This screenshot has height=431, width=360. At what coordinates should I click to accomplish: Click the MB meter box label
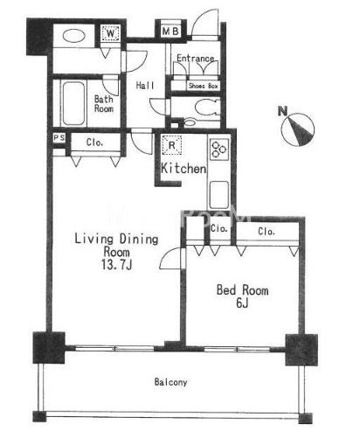click(170, 31)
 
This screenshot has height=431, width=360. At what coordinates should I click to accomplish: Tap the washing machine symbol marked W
click(110, 33)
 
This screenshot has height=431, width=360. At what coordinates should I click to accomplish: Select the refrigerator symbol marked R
click(172, 145)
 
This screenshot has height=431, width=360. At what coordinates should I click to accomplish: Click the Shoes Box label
click(204, 86)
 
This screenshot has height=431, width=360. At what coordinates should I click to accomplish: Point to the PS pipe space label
click(59, 138)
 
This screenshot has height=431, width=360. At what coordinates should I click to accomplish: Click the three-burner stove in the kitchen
click(219, 149)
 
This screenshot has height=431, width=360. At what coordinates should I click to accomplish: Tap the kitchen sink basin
click(218, 194)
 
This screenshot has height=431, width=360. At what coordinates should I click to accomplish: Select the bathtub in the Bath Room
click(73, 103)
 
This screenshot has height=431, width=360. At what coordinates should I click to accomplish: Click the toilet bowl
click(207, 107)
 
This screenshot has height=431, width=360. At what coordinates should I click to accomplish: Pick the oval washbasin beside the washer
click(74, 37)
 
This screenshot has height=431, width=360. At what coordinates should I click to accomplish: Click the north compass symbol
click(298, 129)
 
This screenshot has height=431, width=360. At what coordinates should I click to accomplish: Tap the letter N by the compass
click(282, 111)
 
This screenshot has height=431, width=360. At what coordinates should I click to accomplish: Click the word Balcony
click(170, 382)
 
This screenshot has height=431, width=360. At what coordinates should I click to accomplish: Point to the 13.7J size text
click(116, 265)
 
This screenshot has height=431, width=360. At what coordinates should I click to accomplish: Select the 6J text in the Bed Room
click(242, 303)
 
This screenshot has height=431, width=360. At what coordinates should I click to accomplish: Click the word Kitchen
click(183, 169)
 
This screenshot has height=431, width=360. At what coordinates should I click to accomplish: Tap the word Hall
click(145, 86)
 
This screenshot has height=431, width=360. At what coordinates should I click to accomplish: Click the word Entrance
click(195, 59)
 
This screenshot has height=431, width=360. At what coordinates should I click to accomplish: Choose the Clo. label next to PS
click(94, 143)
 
